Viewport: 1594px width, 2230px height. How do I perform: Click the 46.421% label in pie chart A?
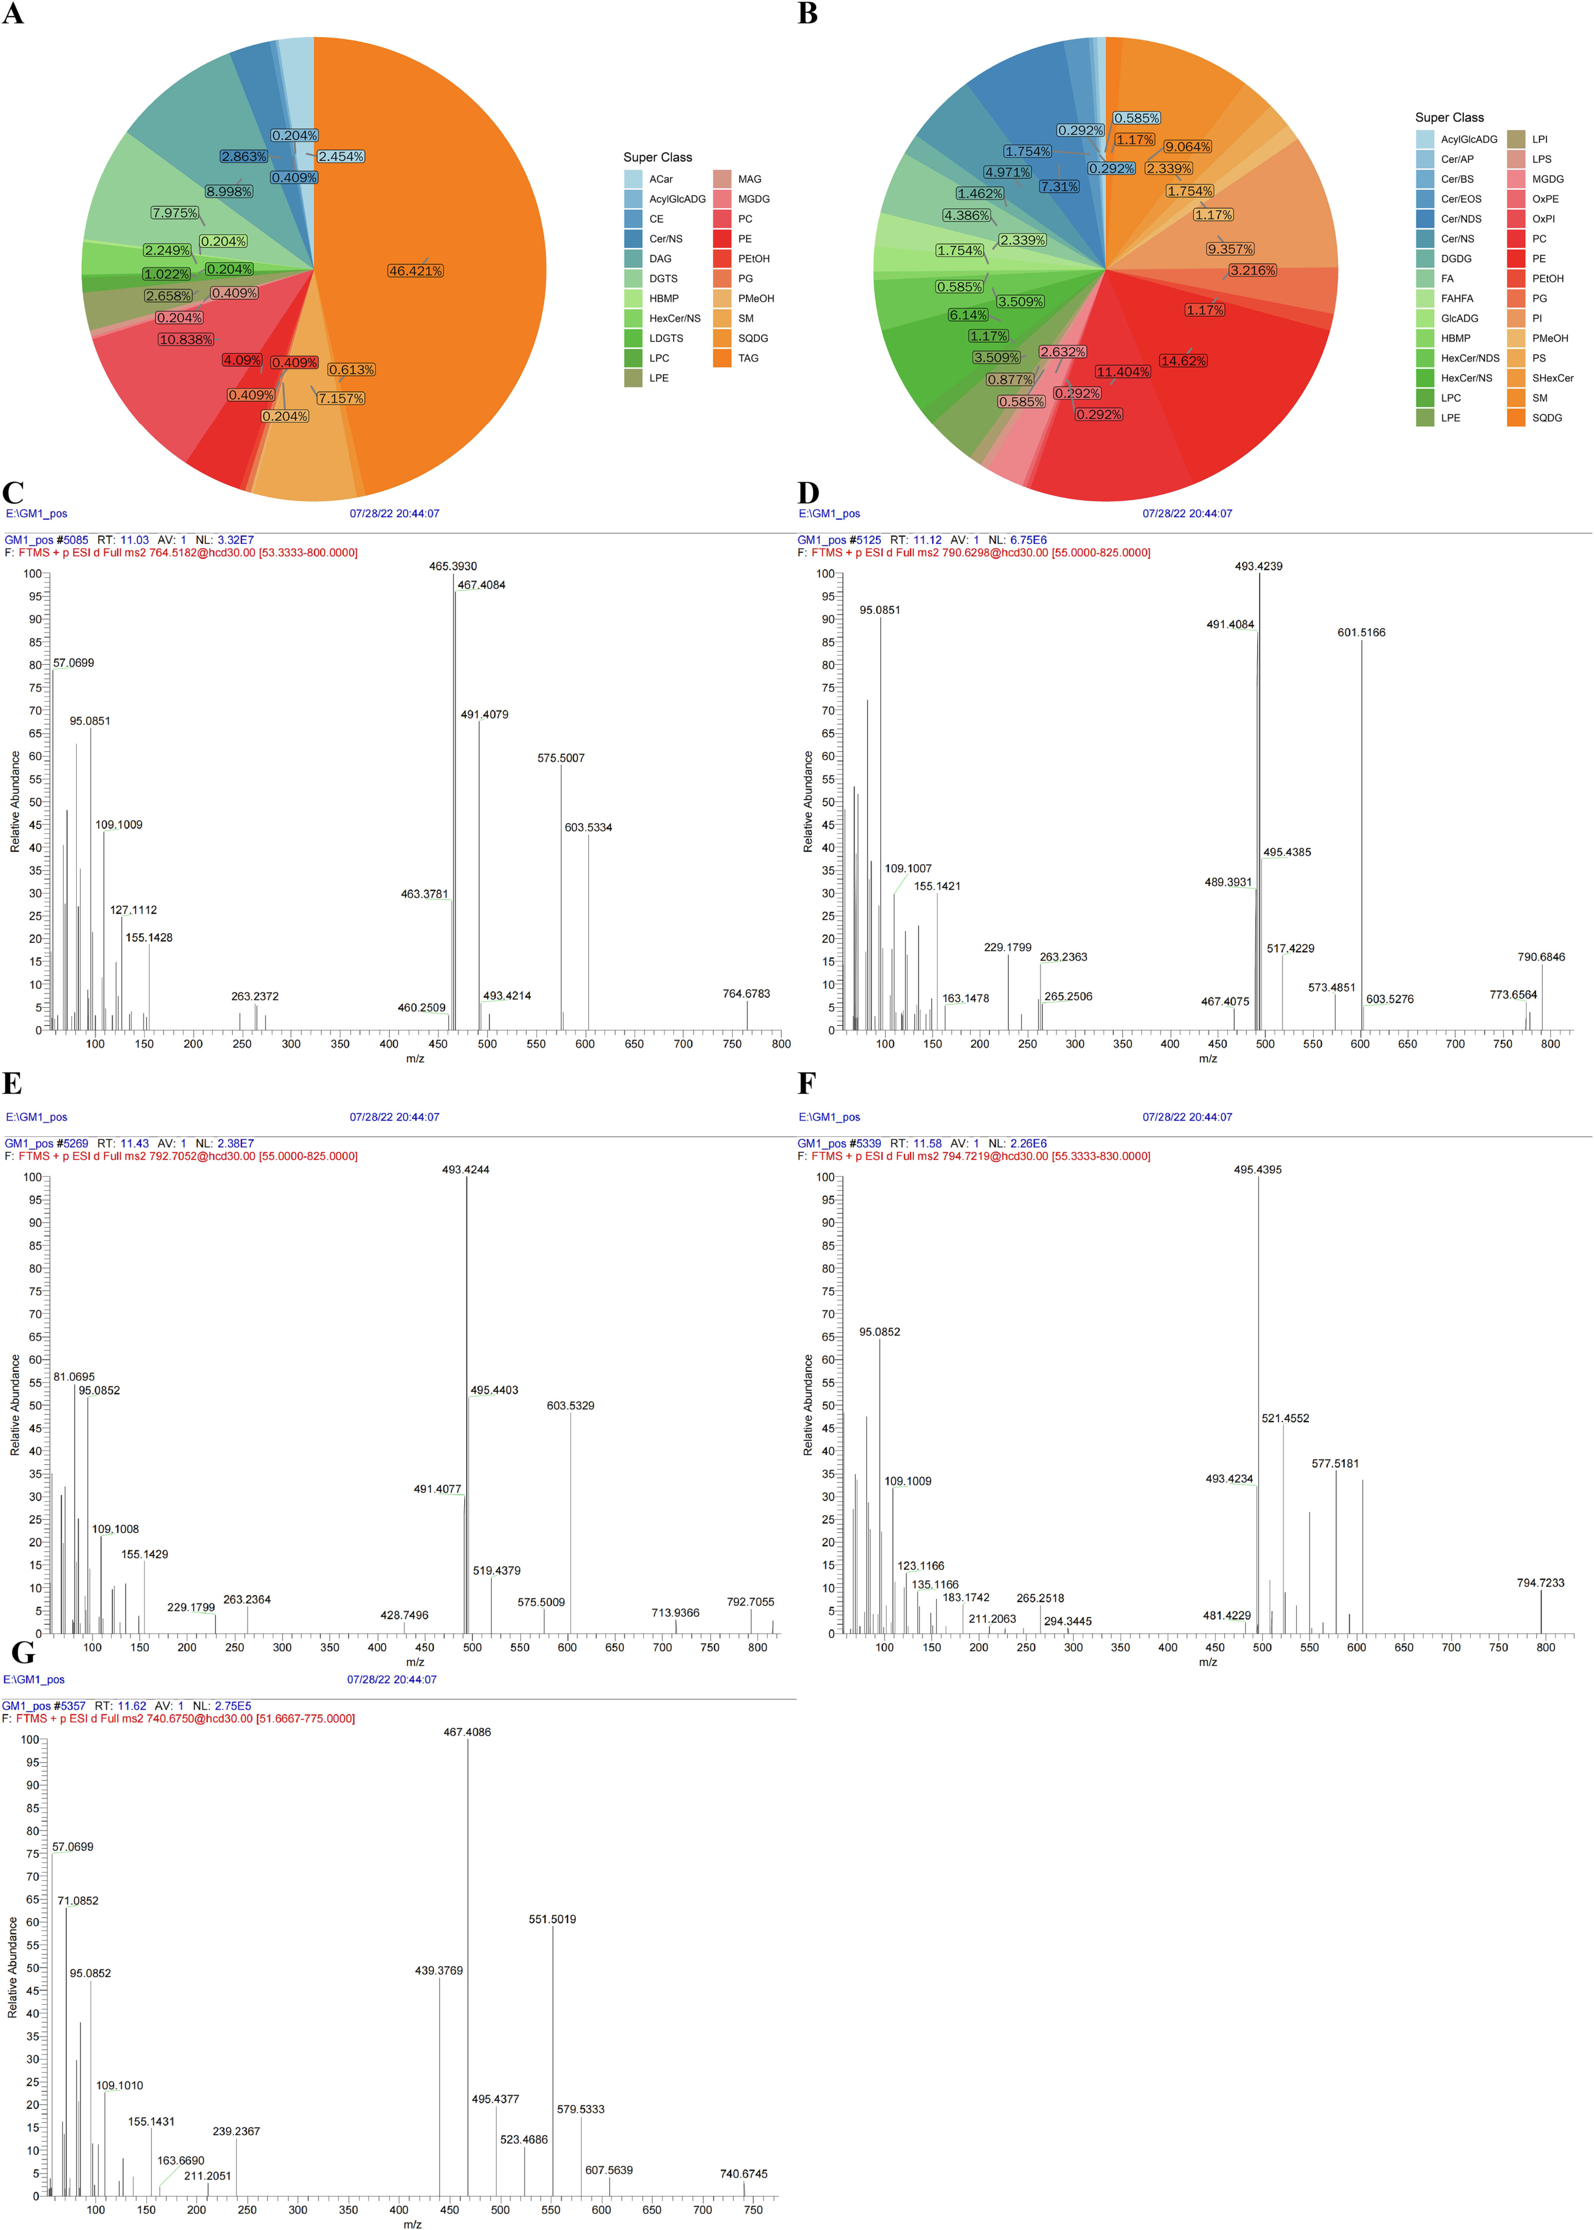pos(415,271)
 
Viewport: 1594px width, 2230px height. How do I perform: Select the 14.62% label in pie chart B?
pos(1184,361)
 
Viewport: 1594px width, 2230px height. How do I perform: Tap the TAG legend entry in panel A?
pos(748,358)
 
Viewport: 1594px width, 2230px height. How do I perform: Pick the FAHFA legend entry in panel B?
pos(1457,298)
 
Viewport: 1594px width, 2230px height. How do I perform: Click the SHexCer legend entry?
pos(1552,378)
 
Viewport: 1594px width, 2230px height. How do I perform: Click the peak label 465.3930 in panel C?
pos(452,566)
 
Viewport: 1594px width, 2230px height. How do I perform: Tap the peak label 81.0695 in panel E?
pos(75,1377)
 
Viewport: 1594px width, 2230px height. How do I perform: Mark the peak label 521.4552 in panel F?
pos(1285,1418)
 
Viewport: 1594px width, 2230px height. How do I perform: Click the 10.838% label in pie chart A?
pos(186,339)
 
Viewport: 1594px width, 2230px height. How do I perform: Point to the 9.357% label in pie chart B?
pos(1230,249)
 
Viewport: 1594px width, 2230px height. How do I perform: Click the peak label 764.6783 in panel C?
pos(746,994)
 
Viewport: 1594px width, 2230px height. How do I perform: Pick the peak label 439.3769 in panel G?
pos(439,1971)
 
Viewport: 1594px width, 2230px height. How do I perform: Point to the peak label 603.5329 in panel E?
pos(570,1406)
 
